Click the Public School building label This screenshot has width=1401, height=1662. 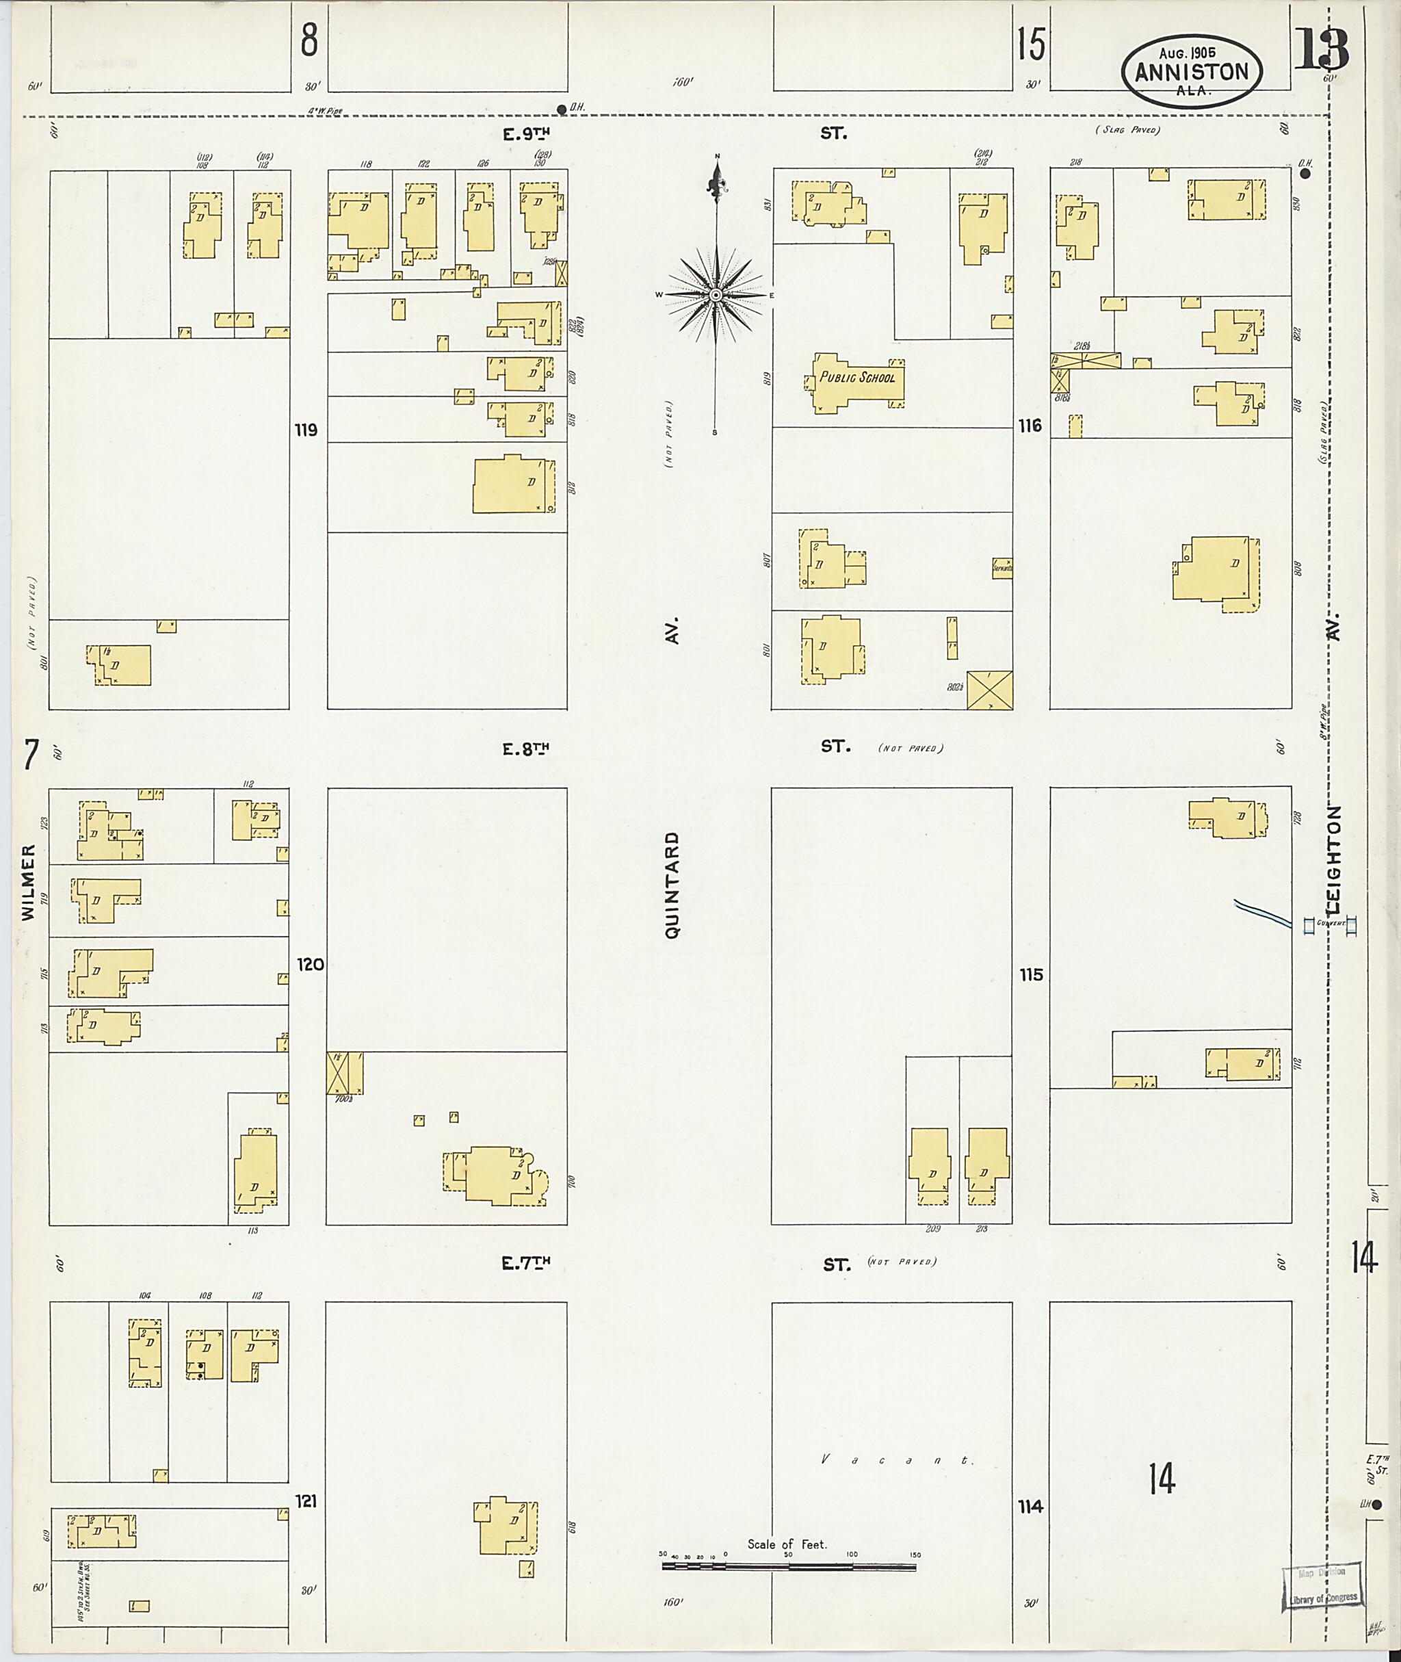tap(857, 378)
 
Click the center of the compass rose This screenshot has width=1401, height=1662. tap(716, 296)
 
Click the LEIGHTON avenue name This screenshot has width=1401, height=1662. tap(1333, 859)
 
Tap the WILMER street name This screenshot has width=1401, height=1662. tap(29, 883)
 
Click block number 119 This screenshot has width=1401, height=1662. tap(306, 430)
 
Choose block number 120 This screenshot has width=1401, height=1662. tap(310, 965)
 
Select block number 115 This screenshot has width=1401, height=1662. tap(1031, 975)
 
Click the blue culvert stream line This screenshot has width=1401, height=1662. tap(1263, 913)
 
